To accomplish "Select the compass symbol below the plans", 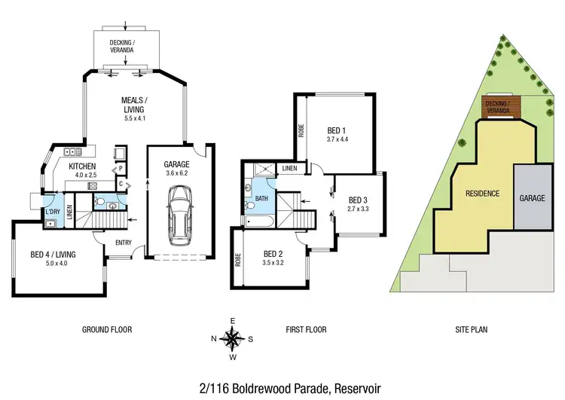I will tap(233, 338).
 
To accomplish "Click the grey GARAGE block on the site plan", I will tap(531, 197).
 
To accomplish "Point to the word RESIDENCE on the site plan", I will tap(482, 194).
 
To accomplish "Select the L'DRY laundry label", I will tap(52, 212).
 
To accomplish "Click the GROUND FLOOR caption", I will tap(106, 329).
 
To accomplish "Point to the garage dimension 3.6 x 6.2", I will tap(179, 173).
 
